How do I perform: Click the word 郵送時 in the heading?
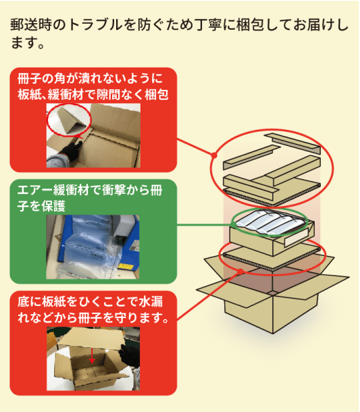31,25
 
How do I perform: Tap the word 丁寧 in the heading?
209,25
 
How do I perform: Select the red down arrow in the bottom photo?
92,356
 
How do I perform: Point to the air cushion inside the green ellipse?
271,223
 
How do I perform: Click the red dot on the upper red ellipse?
214,155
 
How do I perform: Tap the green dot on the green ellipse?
233,225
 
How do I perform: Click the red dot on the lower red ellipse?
240,272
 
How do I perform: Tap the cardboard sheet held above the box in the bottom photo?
90,338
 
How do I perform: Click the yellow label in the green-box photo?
126,267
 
